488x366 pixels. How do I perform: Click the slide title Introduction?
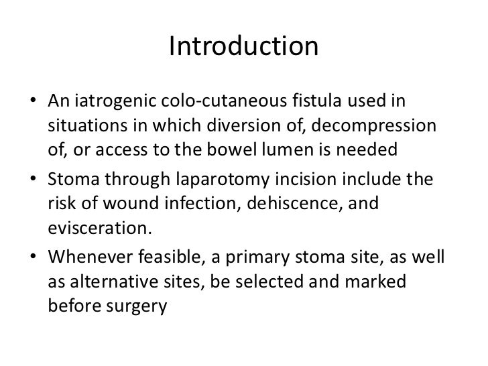coord(243,47)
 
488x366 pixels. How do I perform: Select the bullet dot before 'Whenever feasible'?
coord(33,260)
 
